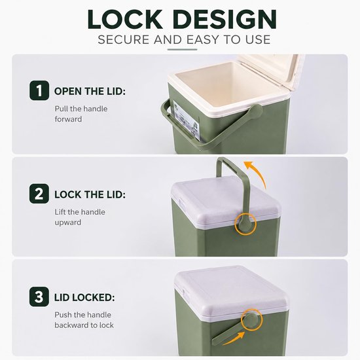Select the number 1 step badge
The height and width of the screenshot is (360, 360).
[x=39, y=90]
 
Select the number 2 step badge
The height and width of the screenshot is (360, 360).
[x=39, y=194]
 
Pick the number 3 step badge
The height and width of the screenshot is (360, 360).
[x=39, y=297]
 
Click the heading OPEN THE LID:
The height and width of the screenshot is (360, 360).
[x=90, y=91]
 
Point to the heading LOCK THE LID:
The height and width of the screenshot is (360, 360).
[x=90, y=194]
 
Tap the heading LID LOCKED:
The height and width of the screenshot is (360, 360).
[x=84, y=298]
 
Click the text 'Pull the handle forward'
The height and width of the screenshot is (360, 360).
[x=81, y=114]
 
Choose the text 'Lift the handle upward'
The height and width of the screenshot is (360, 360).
[x=80, y=217]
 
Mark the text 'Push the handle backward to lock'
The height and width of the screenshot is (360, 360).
[x=84, y=320]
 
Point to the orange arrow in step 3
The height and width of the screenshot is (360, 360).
[x=234, y=339]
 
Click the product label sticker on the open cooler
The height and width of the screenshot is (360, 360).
[x=186, y=120]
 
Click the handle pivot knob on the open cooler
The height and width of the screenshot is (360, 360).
[x=255, y=111]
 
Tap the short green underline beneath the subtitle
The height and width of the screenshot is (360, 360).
[x=182, y=49]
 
